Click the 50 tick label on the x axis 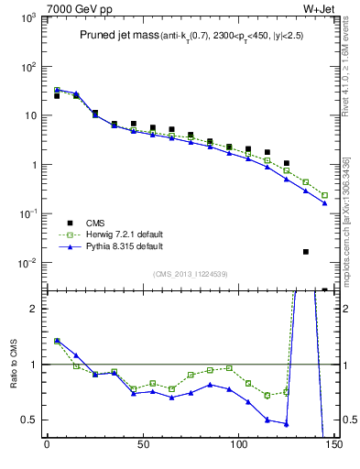coord(142,452)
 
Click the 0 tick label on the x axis coord(47,452)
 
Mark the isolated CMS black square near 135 coord(306,251)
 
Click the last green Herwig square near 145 coord(324,195)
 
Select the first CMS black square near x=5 coord(57,95)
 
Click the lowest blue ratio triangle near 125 coord(287,423)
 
